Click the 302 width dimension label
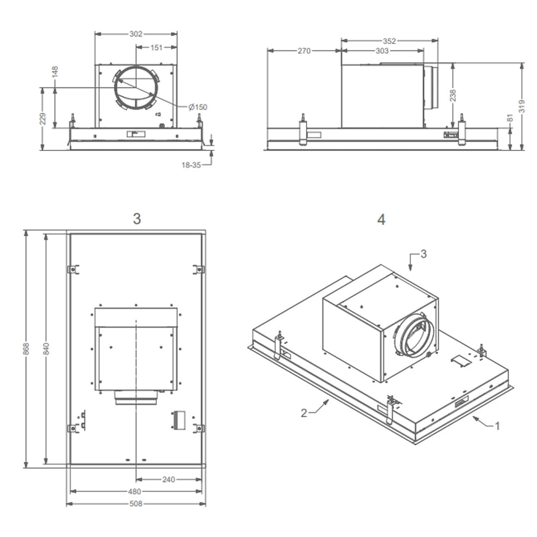[136, 34]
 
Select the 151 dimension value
[156, 48]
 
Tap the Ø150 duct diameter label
[198, 107]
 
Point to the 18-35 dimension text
[191, 165]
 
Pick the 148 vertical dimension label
[55, 72]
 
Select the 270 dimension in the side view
[304, 51]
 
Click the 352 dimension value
[389, 41]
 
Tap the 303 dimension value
[382, 51]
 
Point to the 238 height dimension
[453, 95]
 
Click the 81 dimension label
[511, 118]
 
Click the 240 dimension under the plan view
[169, 480]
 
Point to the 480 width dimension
[134, 491]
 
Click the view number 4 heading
[381, 220]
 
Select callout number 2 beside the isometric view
[304, 412]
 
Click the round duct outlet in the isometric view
[415, 336]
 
